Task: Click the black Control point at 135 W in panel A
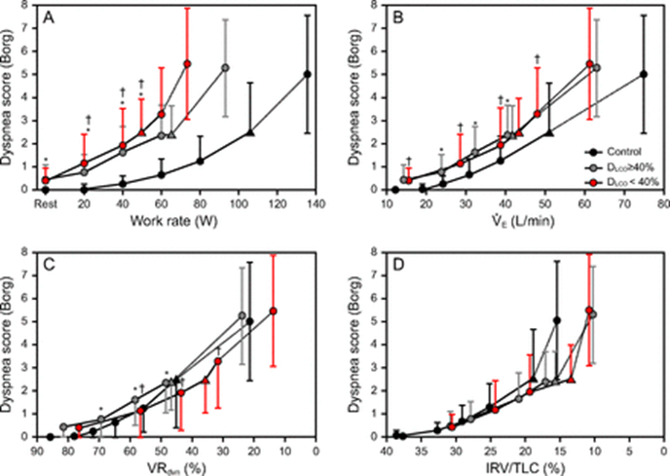[307, 74]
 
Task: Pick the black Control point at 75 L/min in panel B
[644, 74]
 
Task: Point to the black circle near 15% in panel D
[557, 320]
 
